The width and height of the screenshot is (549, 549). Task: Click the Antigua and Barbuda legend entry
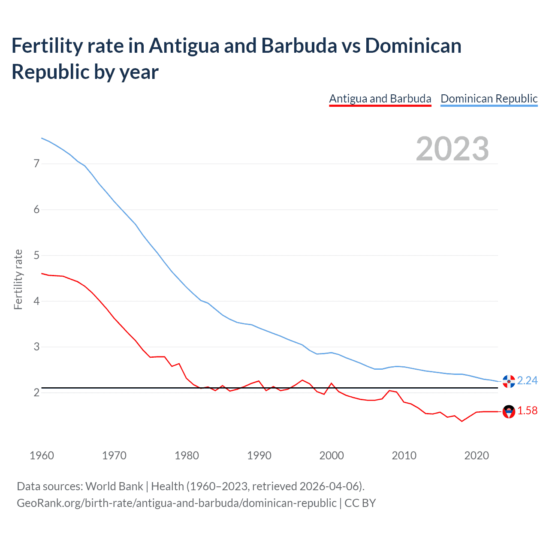tap(380, 99)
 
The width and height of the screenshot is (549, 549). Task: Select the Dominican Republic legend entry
tap(489, 99)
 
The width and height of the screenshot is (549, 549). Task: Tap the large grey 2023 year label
tap(452, 149)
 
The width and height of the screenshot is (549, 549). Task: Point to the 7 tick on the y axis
tap(36, 163)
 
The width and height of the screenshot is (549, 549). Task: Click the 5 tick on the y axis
tap(36, 255)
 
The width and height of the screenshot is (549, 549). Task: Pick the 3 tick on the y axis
tap(36, 347)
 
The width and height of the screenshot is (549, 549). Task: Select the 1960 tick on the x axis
tap(42, 455)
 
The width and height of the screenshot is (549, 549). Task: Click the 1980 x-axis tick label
tap(187, 455)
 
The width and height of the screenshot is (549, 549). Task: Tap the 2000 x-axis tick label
tap(332, 455)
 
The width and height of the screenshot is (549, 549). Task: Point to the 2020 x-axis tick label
tap(477, 455)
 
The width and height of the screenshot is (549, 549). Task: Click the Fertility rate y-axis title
tap(18, 279)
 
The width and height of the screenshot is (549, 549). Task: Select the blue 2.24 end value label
tap(527, 381)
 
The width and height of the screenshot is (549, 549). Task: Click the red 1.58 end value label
tap(527, 411)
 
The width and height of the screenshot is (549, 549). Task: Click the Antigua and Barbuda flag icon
tap(509, 412)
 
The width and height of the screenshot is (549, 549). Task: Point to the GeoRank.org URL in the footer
tap(176, 503)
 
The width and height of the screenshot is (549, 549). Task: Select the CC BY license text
tap(360, 503)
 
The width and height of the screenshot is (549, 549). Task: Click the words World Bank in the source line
tap(114, 486)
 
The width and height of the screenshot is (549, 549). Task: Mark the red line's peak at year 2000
tap(332, 383)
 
